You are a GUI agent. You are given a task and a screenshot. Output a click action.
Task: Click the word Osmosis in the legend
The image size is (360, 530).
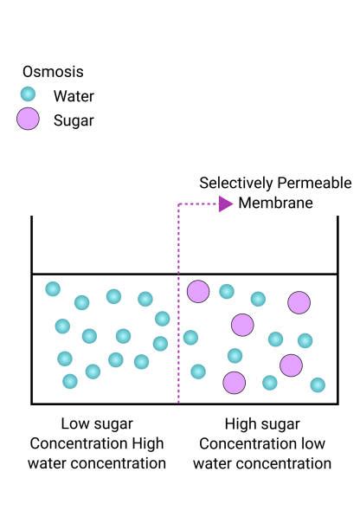[x=53, y=72]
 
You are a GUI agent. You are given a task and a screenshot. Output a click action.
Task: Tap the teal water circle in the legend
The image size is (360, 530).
[x=28, y=94]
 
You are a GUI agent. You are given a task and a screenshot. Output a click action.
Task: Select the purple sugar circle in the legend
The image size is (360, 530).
[x=28, y=119]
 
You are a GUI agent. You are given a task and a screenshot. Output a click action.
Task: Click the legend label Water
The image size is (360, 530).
[x=74, y=96]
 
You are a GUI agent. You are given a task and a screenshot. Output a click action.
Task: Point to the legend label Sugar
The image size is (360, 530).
[x=74, y=120]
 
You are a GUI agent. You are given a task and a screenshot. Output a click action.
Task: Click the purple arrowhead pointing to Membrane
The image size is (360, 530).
[x=226, y=204]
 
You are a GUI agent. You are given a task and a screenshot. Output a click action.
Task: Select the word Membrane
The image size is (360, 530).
[x=275, y=203]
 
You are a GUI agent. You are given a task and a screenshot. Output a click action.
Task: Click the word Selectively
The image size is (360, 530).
[x=235, y=184]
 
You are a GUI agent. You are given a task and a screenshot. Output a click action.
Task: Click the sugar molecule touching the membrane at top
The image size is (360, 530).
[x=198, y=291]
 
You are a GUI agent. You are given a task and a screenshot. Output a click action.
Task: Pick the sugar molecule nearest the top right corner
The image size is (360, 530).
[x=299, y=302]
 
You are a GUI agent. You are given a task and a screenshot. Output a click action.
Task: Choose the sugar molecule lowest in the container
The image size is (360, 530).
[x=234, y=383]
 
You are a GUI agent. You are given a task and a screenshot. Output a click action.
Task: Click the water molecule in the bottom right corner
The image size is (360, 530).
[x=318, y=385]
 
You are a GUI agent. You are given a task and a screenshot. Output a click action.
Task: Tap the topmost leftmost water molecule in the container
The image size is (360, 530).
[x=53, y=288]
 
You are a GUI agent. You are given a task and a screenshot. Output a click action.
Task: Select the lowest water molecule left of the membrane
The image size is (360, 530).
[x=70, y=381]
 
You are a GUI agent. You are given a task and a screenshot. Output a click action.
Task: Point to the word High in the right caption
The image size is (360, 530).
[x=236, y=424]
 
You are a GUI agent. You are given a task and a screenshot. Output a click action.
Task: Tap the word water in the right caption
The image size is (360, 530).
[x=212, y=463]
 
